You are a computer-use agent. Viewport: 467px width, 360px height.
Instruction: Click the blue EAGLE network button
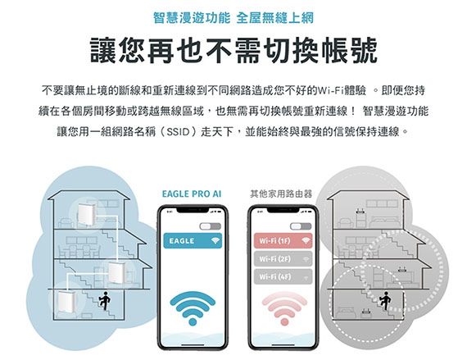(193, 241)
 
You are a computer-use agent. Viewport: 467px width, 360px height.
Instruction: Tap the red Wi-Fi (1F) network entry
(283, 241)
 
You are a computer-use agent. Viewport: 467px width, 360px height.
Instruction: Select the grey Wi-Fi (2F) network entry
(283, 258)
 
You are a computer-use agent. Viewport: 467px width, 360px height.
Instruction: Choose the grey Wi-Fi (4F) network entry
(283, 276)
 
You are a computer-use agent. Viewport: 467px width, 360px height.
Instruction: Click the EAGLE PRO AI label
(192, 194)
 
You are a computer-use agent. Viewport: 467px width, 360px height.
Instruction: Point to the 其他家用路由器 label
(281, 194)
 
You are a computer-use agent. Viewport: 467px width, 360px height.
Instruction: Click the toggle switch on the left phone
(211, 226)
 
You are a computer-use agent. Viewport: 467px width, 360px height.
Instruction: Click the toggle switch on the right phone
(301, 226)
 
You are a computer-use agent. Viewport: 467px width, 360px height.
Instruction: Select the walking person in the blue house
(105, 300)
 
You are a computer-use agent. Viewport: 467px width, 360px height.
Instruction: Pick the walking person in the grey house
(385, 300)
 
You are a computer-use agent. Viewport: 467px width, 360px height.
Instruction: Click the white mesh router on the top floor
(86, 214)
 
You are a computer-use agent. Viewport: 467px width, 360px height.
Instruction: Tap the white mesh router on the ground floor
(66, 302)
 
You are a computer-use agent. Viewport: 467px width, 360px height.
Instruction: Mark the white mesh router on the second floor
(116, 273)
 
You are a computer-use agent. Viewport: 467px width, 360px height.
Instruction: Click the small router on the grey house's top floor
(360, 212)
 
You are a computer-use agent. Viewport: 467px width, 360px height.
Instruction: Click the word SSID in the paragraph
(178, 131)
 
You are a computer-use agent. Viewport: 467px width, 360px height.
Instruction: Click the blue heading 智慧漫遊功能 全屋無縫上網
(233, 17)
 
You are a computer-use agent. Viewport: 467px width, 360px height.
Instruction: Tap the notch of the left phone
(193, 210)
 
